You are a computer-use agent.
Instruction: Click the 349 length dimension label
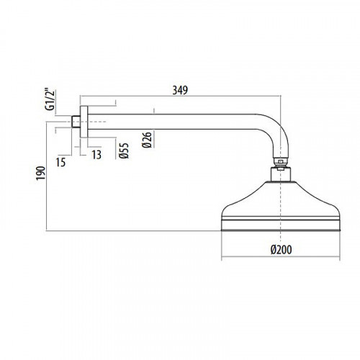(x=180, y=90)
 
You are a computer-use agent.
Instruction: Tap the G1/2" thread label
(x=50, y=100)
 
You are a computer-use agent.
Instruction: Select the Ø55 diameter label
(x=124, y=150)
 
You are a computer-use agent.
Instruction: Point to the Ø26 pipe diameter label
(x=147, y=140)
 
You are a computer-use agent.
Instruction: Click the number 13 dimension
(x=96, y=155)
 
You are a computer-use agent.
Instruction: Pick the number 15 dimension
(x=60, y=163)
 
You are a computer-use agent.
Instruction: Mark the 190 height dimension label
(x=40, y=173)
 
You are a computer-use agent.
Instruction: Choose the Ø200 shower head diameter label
(x=281, y=250)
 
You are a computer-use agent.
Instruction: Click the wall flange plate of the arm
(x=84, y=122)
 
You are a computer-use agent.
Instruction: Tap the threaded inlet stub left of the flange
(x=76, y=122)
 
